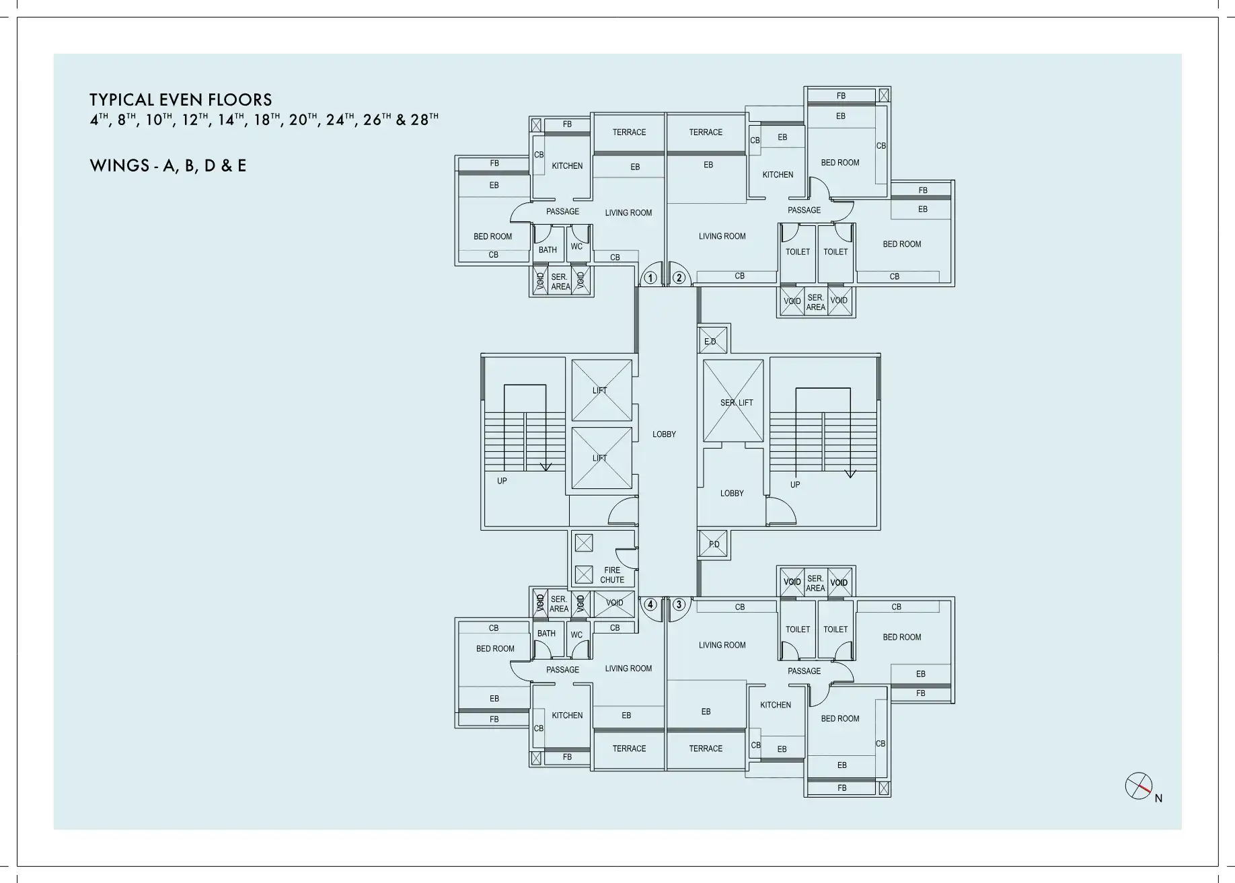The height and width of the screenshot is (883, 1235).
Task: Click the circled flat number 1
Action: click(650, 277)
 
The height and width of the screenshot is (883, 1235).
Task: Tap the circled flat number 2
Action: click(679, 277)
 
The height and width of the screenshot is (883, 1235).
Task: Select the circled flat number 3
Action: click(679, 605)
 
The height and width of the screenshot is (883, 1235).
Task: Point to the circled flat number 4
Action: click(650, 605)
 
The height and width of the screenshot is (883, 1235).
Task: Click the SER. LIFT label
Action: click(737, 403)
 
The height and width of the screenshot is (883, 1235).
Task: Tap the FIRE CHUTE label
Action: click(612, 575)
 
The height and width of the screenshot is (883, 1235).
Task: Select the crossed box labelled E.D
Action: click(712, 340)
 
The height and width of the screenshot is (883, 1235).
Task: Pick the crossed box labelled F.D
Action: click(713, 544)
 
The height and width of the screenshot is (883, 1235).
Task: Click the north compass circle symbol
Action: click(1138, 785)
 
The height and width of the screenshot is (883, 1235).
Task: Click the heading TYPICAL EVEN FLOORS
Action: click(181, 100)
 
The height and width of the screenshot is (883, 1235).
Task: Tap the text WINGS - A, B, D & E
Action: click(168, 165)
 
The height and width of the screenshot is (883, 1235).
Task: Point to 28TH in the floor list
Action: click(424, 120)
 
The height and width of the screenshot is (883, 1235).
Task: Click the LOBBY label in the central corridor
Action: click(664, 434)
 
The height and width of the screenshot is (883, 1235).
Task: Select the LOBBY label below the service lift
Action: click(732, 494)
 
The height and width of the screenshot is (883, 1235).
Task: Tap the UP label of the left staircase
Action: click(502, 481)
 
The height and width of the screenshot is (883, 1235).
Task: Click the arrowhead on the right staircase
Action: click(850, 473)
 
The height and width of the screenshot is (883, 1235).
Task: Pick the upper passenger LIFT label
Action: click(600, 391)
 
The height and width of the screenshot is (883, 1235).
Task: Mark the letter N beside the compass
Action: click(1158, 799)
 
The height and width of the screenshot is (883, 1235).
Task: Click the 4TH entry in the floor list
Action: click(99, 120)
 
